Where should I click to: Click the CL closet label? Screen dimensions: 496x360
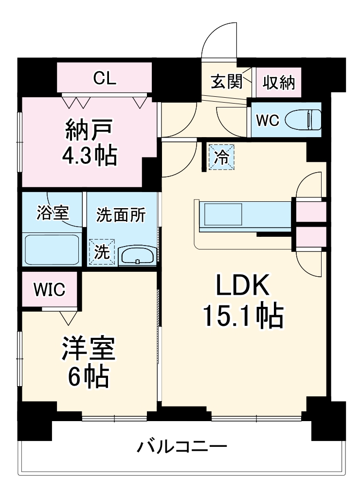[105, 78]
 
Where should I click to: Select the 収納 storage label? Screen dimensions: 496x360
[279, 82]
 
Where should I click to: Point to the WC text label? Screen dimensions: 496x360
[267, 121]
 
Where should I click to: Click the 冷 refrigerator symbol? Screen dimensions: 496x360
[221, 157]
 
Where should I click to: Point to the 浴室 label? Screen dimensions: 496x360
[53, 213]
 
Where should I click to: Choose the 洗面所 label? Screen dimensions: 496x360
[120, 215]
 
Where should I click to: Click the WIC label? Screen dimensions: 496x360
[49, 290]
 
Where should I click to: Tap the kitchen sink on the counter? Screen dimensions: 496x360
[223, 214]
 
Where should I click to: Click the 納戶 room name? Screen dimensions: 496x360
[89, 130]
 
